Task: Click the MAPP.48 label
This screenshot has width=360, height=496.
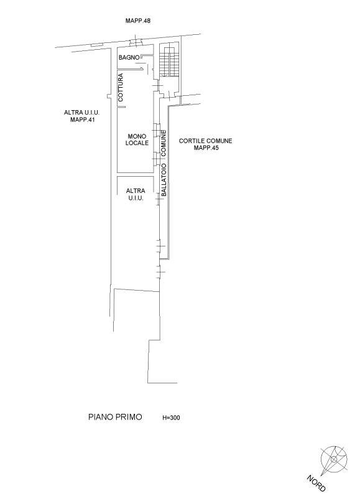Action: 137,21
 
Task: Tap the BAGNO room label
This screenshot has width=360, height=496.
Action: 129,58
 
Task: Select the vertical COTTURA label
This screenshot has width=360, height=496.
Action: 121,88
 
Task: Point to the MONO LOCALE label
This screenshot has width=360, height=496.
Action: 137,139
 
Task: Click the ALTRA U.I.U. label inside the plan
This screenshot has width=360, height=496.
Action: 136,195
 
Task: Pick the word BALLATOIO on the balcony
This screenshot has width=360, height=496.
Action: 164,180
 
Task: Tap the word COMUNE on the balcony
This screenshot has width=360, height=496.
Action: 164,143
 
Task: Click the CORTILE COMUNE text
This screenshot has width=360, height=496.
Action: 205,141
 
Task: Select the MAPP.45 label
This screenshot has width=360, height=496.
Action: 206,147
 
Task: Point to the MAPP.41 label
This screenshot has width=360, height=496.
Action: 82,119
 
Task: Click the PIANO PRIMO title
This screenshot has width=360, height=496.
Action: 115,417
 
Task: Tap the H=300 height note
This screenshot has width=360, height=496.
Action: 171,418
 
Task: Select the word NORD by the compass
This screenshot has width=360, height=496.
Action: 315,483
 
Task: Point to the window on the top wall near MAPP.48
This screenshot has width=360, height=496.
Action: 137,42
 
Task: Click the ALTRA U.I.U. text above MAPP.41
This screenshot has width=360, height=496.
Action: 81,113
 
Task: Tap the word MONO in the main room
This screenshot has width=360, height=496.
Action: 137,136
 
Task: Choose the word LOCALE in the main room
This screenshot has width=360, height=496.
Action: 137,143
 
